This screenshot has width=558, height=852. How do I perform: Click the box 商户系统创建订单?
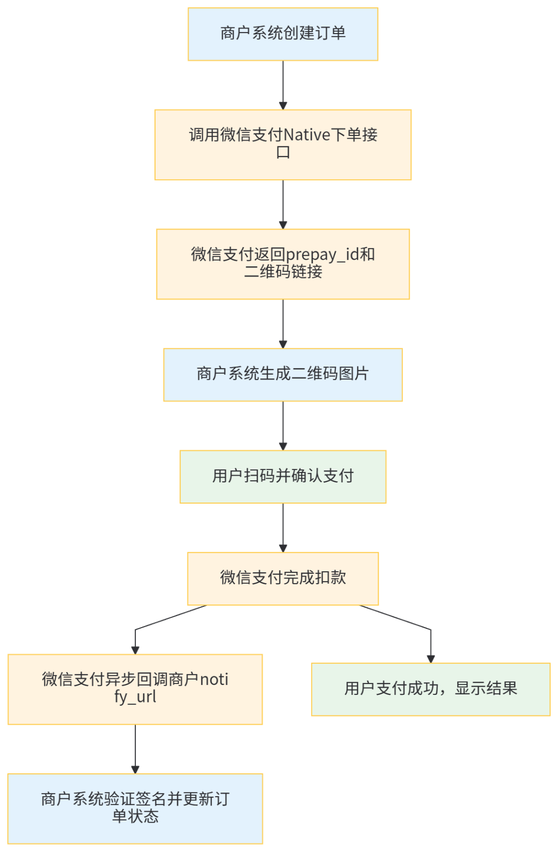pos(283,34)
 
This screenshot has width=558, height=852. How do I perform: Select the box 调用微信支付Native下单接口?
pos(283,145)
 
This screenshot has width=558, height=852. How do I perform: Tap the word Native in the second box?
pos(307,135)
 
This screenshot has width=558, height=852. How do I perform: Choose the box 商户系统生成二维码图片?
pos(283,375)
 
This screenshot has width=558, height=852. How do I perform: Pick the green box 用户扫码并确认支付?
pos(283,477)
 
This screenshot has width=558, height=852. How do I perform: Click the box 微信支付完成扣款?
pos(283,579)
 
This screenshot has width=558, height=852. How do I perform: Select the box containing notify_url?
pos(135,689)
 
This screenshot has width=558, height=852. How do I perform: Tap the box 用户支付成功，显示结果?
pos(431,689)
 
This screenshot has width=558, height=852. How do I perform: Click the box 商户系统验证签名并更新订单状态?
pos(135,809)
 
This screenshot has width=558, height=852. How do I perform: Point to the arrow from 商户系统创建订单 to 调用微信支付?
pos(283,85)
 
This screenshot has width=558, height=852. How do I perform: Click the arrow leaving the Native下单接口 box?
pos(283,204)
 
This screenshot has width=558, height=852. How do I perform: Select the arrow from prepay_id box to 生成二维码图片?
pos(283,324)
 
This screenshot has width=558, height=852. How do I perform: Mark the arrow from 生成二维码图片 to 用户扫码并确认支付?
pos(283,425)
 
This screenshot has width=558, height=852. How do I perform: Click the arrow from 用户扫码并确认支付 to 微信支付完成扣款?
pos(283,527)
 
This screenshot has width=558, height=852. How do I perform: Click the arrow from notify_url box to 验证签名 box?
pos(135,749)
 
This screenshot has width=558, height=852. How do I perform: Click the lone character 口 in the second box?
pos(283,153)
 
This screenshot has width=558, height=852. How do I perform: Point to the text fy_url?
pos(135,697)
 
